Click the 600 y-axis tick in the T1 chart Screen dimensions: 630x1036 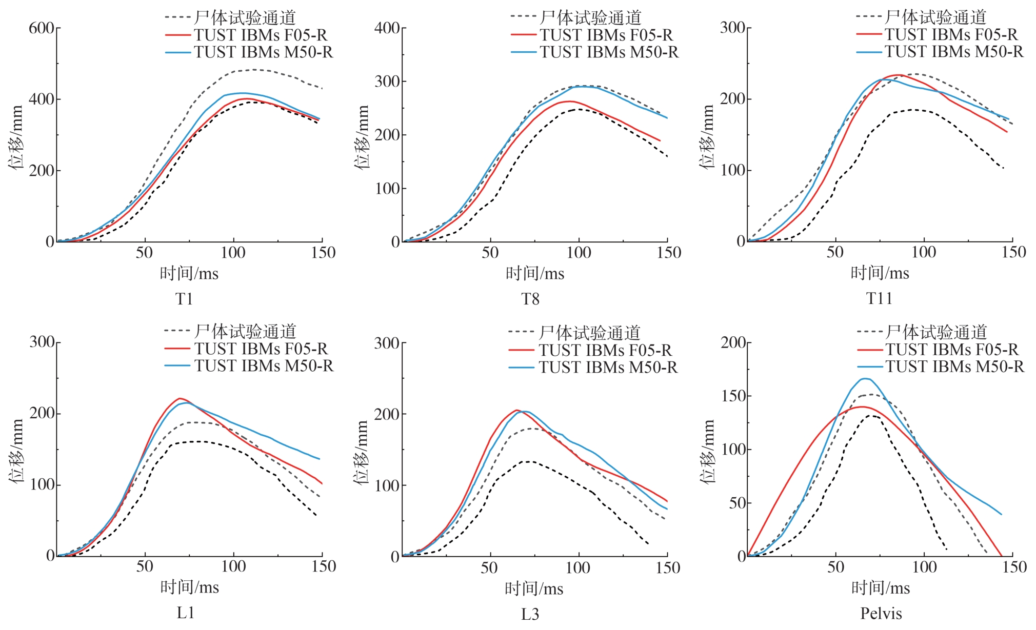pyautogui.click(x=41, y=28)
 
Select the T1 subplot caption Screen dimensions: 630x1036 pyautogui.click(x=184, y=299)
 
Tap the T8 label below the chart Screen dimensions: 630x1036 pyautogui.click(x=530, y=299)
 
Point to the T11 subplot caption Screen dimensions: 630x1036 pyautogui.click(x=879, y=298)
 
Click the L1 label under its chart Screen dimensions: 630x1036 pyautogui.click(x=185, y=613)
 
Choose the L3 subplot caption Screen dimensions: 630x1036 pyautogui.click(x=530, y=614)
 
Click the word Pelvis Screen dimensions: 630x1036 pyautogui.click(x=881, y=613)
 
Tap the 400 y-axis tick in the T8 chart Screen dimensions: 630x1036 pyautogui.click(x=387, y=28)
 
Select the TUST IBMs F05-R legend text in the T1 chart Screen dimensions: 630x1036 pyautogui.click(x=261, y=35)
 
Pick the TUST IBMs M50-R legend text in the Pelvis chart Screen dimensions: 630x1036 pyautogui.click(x=954, y=367)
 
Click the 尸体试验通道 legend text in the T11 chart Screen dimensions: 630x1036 pyautogui.click(x=935, y=17)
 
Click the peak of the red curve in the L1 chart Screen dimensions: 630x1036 pyautogui.click(x=180, y=398)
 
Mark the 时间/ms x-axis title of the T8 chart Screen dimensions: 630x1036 pyautogui.click(x=535, y=274)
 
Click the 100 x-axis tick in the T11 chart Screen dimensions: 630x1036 pyautogui.click(x=924, y=252)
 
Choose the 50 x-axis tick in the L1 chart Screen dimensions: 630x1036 pyautogui.click(x=145, y=566)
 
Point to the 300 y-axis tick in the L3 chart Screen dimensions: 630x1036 pyautogui.click(x=387, y=343)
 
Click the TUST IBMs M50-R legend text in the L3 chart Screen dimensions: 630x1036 pyautogui.click(x=608, y=368)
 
